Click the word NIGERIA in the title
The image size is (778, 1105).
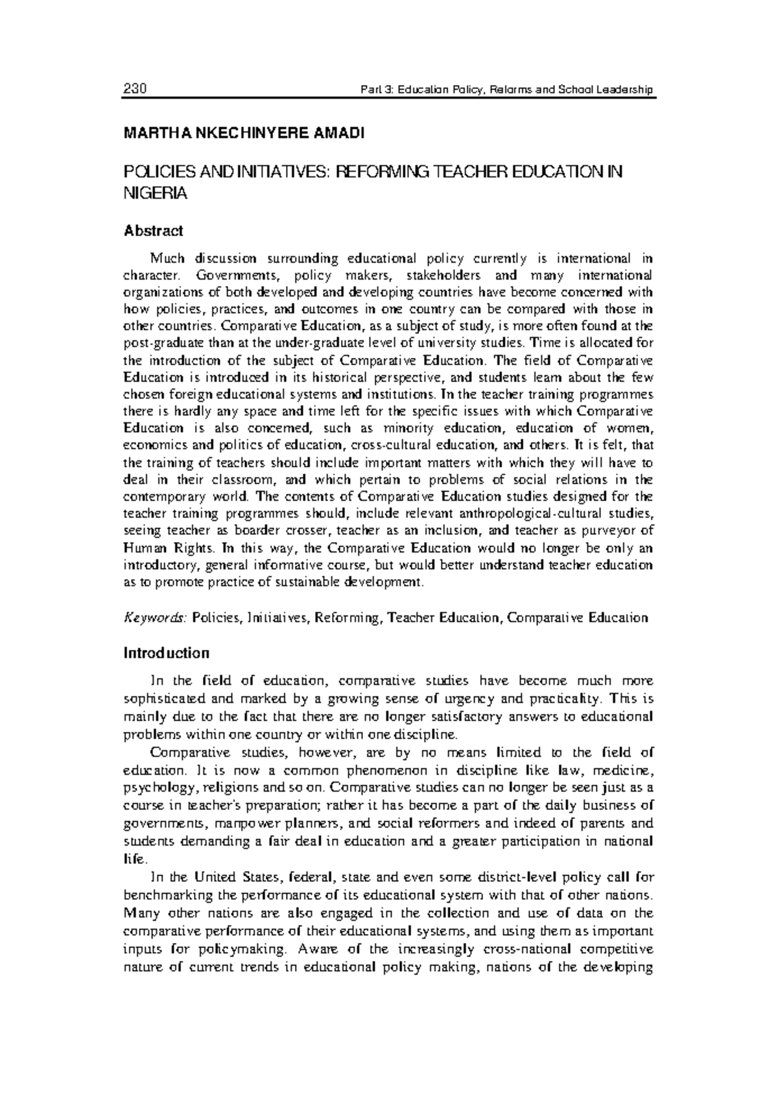[155, 193]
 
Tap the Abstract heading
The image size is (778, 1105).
[153, 230]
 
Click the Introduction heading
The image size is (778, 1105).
[166, 652]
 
